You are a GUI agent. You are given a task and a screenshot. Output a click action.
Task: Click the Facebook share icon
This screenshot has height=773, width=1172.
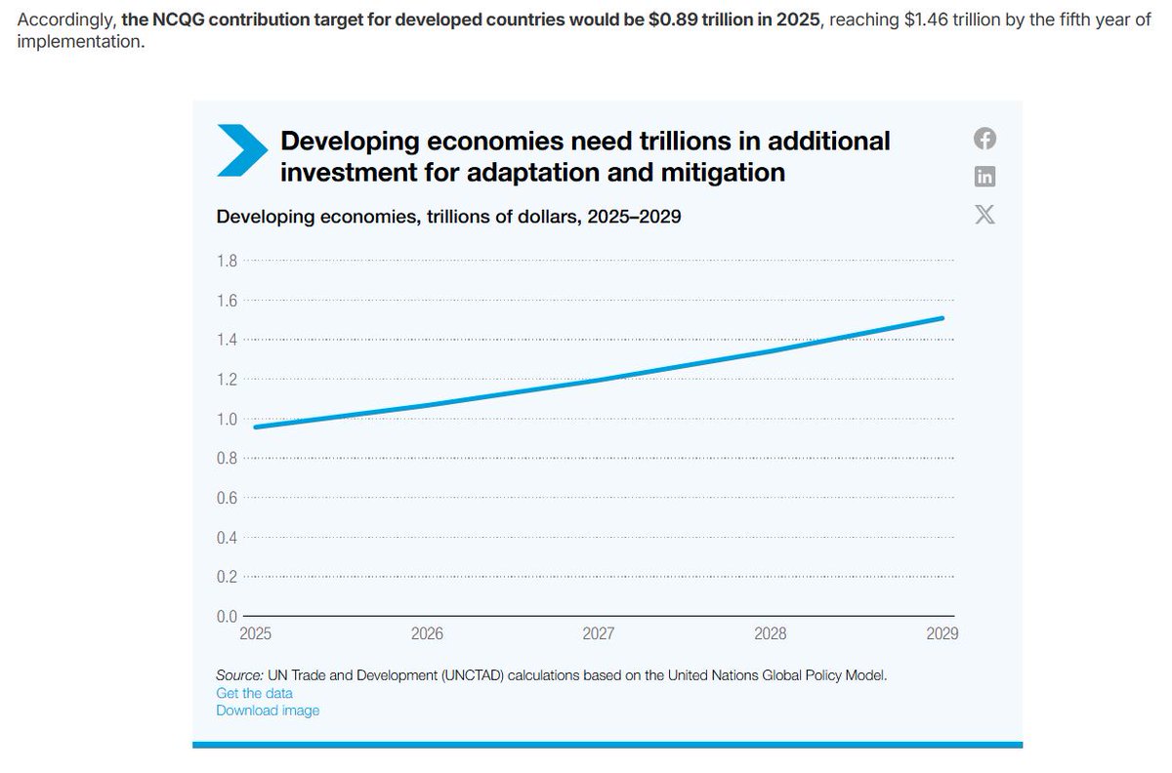(x=984, y=139)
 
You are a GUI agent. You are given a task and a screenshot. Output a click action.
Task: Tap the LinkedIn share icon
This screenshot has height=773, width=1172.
(x=984, y=177)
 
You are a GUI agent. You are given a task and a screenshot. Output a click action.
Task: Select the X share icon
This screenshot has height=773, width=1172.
(x=984, y=215)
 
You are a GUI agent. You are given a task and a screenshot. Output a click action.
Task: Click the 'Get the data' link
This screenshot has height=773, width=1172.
(x=254, y=693)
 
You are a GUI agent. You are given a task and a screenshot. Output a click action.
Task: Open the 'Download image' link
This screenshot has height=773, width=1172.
(x=268, y=711)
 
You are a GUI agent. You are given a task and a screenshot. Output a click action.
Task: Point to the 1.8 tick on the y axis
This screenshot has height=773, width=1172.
(x=227, y=261)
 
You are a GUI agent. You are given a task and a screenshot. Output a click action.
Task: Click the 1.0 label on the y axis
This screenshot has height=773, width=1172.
(x=227, y=419)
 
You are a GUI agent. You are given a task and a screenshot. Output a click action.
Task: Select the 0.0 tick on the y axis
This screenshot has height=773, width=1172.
(x=227, y=616)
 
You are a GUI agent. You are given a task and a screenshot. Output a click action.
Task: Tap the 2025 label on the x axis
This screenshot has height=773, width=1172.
(x=256, y=633)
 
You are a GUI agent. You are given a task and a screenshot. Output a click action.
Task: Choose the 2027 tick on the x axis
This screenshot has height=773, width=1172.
(x=599, y=633)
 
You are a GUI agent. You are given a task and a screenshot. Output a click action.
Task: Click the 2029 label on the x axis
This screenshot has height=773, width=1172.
(x=942, y=633)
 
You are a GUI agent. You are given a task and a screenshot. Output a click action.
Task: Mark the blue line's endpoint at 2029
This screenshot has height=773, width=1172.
(x=942, y=318)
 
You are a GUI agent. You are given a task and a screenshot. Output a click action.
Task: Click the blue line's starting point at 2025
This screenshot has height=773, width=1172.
(x=256, y=427)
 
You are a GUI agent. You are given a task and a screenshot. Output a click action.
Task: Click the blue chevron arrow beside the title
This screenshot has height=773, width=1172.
(x=240, y=151)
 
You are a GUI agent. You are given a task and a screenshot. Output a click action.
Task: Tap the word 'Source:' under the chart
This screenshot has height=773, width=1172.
(x=239, y=675)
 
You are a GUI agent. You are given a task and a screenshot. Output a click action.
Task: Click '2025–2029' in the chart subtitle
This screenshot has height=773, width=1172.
(x=634, y=217)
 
